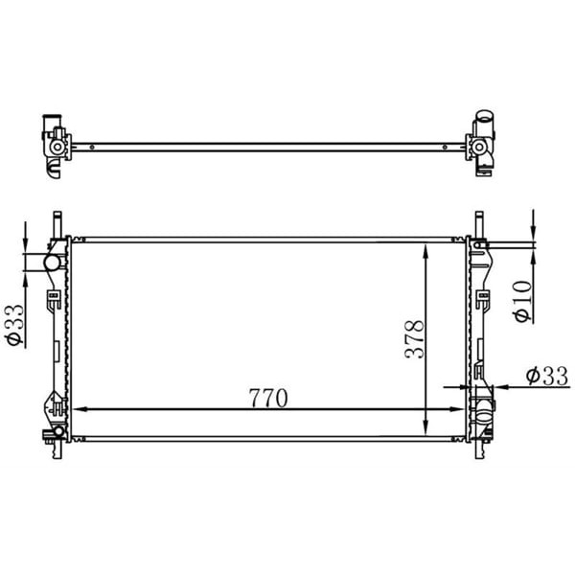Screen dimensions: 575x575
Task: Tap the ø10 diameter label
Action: pyautogui.click(x=520, y=301)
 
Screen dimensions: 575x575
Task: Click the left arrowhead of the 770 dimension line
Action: pyautogui.click(x=79, y=409)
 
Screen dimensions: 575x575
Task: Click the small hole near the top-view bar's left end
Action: pyautogui.click(x=91, y=147)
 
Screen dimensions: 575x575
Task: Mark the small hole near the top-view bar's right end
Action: pyautogui.click(x=447, y=147)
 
